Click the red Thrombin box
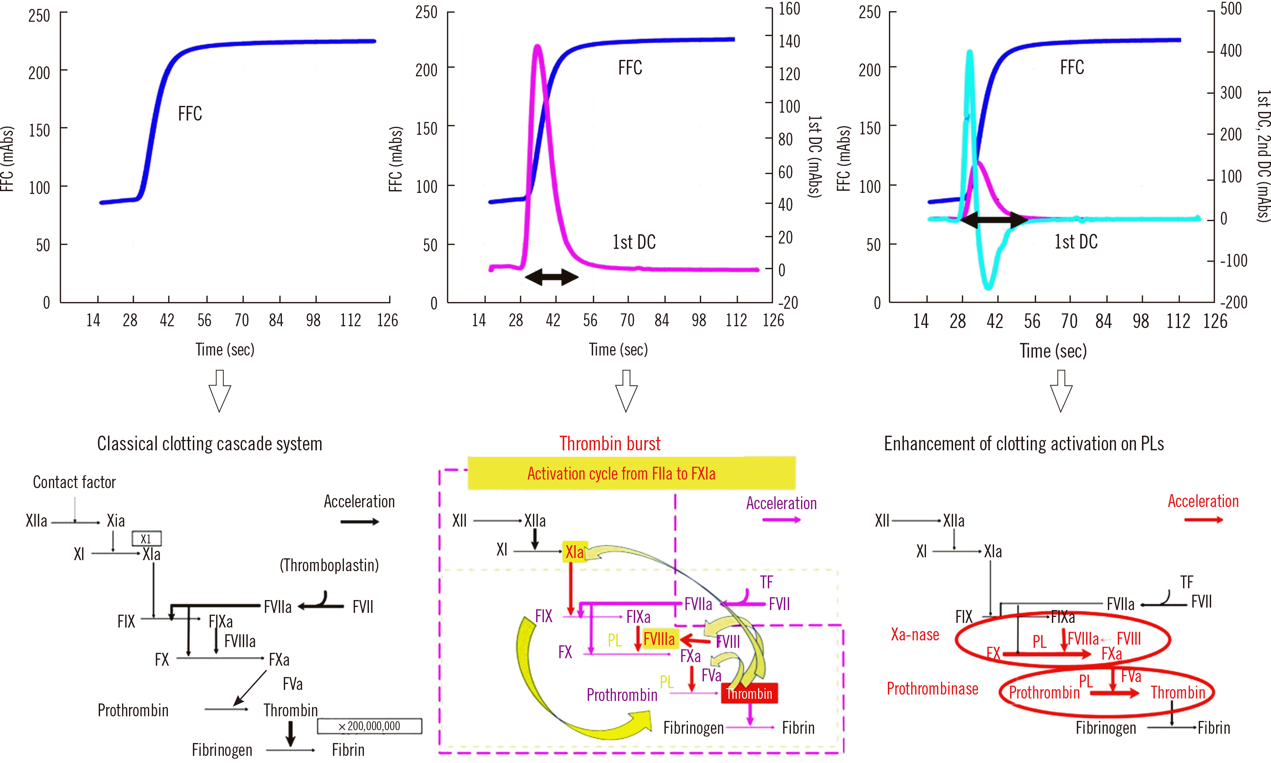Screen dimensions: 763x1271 749,693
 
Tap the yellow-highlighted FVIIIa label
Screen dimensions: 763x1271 659,639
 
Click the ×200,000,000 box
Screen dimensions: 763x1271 370,726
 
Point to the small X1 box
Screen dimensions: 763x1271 146,538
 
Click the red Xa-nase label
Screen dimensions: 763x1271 915,634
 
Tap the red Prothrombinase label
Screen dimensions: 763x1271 932,688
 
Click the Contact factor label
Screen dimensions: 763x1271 74,482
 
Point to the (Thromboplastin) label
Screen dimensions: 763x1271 329,565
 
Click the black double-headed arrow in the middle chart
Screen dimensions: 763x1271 551,277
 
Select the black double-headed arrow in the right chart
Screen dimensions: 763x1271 993,220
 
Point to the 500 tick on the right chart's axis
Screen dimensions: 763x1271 1231,9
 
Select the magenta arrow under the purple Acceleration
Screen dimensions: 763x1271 781,520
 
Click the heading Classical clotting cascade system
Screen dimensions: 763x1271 210,444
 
